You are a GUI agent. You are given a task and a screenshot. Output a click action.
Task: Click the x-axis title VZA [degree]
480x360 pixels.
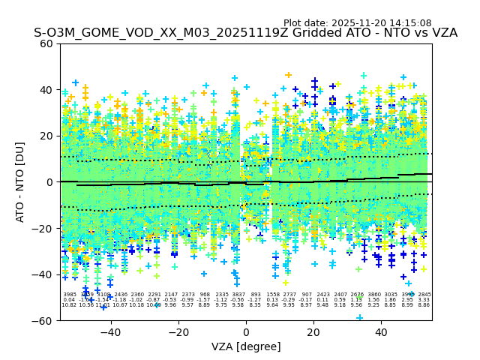246,346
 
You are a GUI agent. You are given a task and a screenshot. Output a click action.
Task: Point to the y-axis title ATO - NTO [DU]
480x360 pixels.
21,181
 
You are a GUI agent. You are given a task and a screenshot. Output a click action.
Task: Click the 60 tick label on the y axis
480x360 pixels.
46,43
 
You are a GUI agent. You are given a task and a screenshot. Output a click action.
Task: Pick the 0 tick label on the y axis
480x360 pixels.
49,182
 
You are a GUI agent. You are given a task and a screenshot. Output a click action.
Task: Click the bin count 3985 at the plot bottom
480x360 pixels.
69,295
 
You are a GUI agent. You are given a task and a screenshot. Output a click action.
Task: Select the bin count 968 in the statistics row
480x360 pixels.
205,295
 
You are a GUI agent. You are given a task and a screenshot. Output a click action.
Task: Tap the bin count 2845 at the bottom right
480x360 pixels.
424,295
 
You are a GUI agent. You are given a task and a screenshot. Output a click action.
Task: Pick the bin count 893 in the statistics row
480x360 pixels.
256,295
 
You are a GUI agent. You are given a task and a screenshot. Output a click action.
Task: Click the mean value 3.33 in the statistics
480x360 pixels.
424,300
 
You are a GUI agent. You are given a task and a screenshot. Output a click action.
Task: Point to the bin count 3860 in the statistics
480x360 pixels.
374,295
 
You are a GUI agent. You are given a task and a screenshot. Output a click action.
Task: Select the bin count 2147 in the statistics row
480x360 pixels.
171,295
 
